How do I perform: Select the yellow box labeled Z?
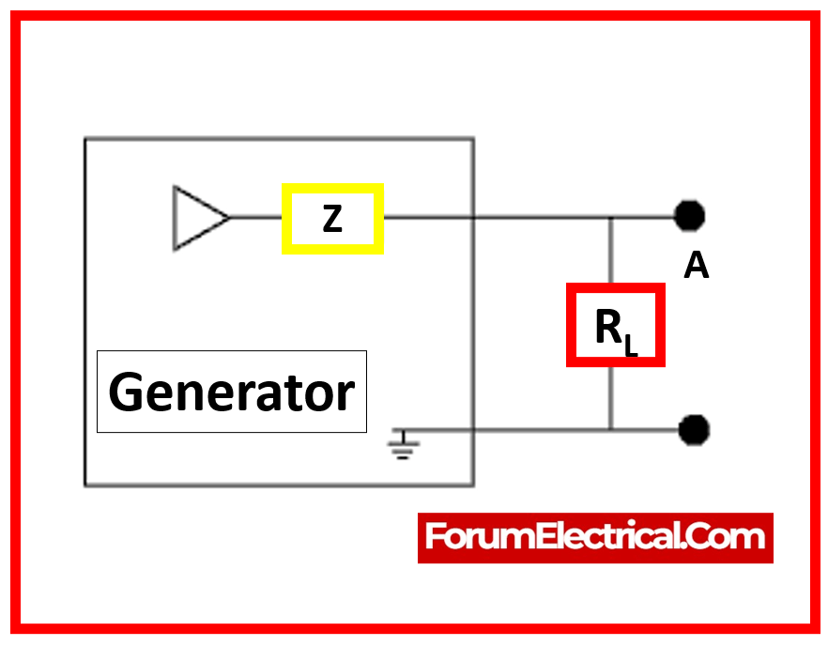pyautogui.click(x=332, y=219)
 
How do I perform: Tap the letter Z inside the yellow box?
pyautogui.click(x=332, y=219)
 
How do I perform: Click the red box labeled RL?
pyautogui.click(x=616, y=325)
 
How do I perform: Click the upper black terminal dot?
pyautogui.click(x=690, y=217)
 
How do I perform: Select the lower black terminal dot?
pyautogui.click(x=694, y=430)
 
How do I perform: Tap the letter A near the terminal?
pyautogui.click(x=696, y=267)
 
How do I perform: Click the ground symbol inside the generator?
pyautogui.click(x=404, y=446)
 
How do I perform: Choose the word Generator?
pyautogui.click(x=232, y=392)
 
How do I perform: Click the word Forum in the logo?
pyautogui.click(x=468, y=537)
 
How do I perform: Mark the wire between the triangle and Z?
pyautogui.click(x=255, y=218)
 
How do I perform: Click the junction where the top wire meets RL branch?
pyautogui.click(x=611, y=218)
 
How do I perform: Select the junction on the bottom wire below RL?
pyautogui.click(x=611, y=430)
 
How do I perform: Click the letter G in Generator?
pyautogui.click(x=127, y=392)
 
